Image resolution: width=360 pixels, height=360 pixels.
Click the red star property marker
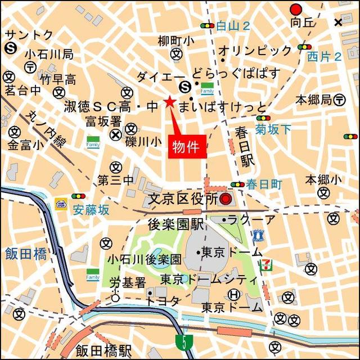tap(169, 102)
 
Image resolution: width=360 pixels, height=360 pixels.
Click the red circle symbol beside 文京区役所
tap(226, 199)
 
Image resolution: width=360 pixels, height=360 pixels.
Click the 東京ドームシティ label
tap(208, 279)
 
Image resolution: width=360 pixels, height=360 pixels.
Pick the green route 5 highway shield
tap(182, 341)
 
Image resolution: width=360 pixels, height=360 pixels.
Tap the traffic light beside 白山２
tap(207, 25)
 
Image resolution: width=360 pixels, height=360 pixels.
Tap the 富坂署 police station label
tap(103, 121)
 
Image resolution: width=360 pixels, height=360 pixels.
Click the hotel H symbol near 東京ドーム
tap(234, 294)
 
